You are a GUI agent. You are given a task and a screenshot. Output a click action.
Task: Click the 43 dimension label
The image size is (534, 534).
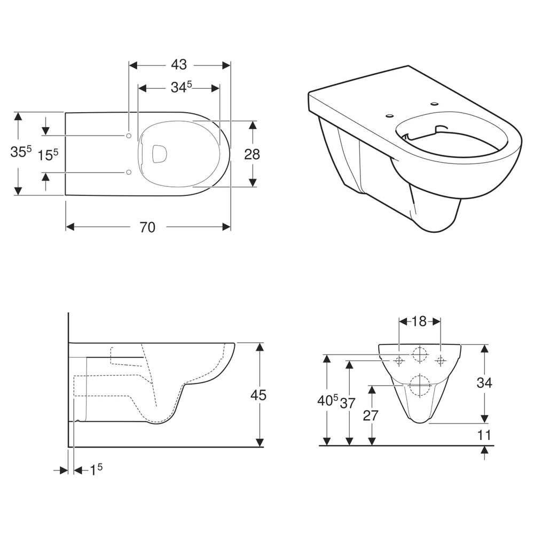coord(179,65)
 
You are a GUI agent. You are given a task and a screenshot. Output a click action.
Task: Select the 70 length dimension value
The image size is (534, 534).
coord(147,227)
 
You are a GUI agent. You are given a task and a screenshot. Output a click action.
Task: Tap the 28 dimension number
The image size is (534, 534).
coord(252,154)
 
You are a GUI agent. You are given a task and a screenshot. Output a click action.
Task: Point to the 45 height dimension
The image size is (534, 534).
coord(258,395)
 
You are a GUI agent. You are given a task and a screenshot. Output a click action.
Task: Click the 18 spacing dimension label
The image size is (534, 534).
coord(419,321)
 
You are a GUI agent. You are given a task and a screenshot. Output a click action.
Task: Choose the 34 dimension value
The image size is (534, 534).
coord(484,383)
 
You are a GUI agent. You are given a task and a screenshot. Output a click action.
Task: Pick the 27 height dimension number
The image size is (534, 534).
coord(371,415)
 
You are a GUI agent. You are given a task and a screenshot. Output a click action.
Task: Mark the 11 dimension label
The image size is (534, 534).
coord(484,435)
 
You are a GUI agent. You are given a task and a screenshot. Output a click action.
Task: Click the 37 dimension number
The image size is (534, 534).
coord(348,403)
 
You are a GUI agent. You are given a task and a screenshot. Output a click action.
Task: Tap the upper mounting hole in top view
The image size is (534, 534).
coord(129,136)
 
